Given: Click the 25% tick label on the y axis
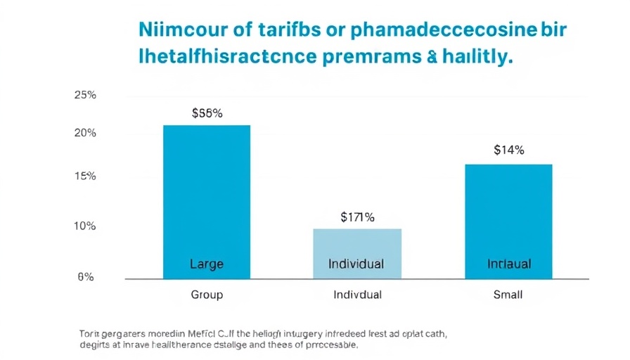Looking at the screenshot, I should [85, 96].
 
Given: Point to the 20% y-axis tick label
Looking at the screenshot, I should [85, 133].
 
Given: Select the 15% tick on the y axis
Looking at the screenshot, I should [85, 176].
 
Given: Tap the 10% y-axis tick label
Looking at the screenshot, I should [85, 226].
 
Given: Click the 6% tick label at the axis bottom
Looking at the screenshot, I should [86, 278].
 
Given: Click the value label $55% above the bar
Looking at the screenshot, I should [207, 112].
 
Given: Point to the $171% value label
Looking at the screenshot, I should [356, 217].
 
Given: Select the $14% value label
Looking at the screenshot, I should [508, 150].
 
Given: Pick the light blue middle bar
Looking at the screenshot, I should [356, 246].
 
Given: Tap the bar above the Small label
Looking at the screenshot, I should [508, 211].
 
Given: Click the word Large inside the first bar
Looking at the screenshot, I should [207, 264].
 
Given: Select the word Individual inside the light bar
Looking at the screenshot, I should [356, 264].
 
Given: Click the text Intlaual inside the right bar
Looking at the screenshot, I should [509, 264].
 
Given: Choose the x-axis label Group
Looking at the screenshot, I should [207, 295].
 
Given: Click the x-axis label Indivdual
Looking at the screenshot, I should [357, 295].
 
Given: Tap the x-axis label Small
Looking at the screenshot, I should [508, 295].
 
